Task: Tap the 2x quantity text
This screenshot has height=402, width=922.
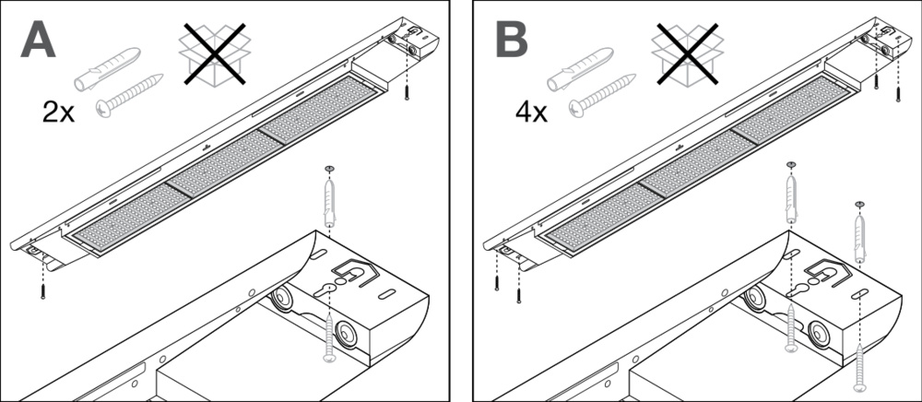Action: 62,112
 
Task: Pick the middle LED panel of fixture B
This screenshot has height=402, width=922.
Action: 687,166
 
